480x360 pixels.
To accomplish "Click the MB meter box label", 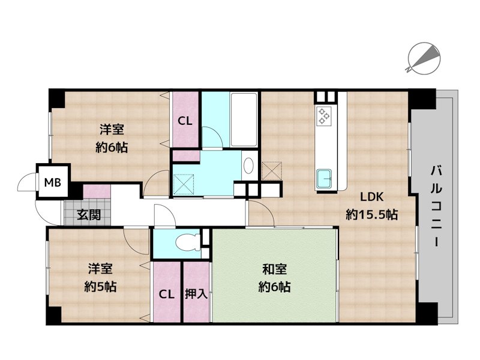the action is pyautogui.click(x=53, y=183).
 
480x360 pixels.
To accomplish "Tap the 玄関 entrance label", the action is pyautogui.click(x=88, y=215).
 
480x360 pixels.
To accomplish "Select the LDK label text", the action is pyautogui.click(x=371, y=197).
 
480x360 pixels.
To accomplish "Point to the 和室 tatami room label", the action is pyautogui.click(x=274, y=269).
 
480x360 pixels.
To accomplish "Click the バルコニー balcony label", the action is pyautogui.click(x=436, y=206).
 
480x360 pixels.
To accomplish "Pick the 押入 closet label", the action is pyautogui.click(x=196, y=294).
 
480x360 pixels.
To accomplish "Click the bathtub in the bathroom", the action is pyautogui.click(x=244, y=119).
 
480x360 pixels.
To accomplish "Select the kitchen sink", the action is pyautogui.click(x=326, y=179).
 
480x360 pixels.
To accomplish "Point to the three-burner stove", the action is pyautogui.click(x=324, y=116).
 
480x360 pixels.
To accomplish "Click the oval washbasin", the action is pyautogui.click(x=248, y=165).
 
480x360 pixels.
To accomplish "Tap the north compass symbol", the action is pyautogui.click(x=424, y=58).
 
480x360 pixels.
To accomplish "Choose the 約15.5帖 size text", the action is pyautogui.click(x=371, y=215).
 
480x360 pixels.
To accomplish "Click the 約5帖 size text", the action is pyautogui.click(x=100, y=287).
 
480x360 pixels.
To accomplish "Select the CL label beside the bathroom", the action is pyautogui.click(x=185, y=121).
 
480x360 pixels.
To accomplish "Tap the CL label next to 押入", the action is pyautogui.click(x=167, y=295).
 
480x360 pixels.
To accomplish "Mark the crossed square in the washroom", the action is pyautogui.click(x=184, y=184).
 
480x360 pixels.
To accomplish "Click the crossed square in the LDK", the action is pyautogui.click(x=272, y=170).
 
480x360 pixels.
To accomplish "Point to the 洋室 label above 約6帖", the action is pyautogui.click(x=112, y=130).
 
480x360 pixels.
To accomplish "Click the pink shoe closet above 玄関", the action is pyautogui.click(x=97, y=191).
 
